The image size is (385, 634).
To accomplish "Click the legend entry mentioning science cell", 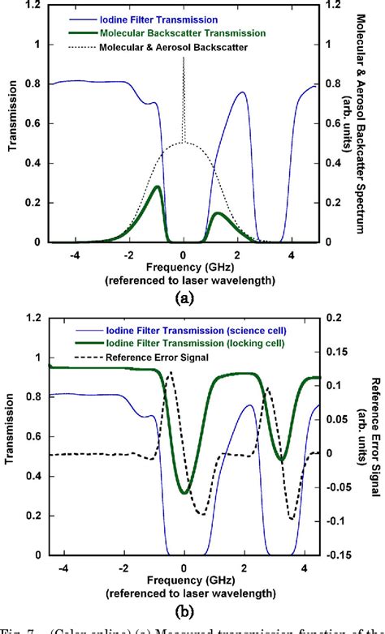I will pos(196,330).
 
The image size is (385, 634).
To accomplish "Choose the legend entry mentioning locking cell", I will pos(196,343).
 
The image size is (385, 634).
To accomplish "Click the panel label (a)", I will pos(184,298).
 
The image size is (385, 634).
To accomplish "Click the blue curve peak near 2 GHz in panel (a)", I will pos(242,92).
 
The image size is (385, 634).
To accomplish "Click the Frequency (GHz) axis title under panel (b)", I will pos(184,578).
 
